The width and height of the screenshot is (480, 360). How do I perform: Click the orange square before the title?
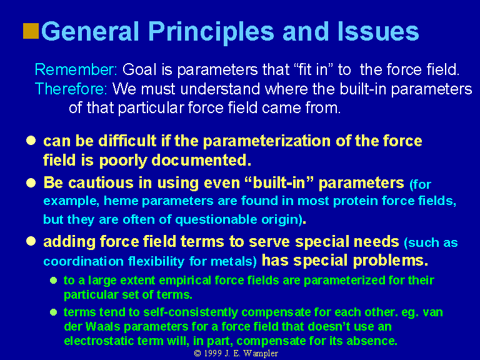tap(31, 31)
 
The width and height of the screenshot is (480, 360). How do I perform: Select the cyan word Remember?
tap(76, 69)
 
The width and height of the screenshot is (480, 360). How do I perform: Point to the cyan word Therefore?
tap(71, 89)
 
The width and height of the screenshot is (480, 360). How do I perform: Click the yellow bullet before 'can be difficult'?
tap(31, 141)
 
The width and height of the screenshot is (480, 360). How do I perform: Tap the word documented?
tap(201, 160)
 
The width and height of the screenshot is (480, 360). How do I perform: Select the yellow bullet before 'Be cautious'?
tap(31, 182)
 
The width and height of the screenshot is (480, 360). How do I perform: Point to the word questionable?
tap(216, 220)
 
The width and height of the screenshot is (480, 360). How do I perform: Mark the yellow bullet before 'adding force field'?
tap(31, 241)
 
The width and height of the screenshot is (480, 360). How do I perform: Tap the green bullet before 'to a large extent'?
tap(54, 280)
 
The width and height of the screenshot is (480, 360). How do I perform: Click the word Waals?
tap(103, 326)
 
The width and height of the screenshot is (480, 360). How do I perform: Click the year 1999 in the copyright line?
tap(212, 353)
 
